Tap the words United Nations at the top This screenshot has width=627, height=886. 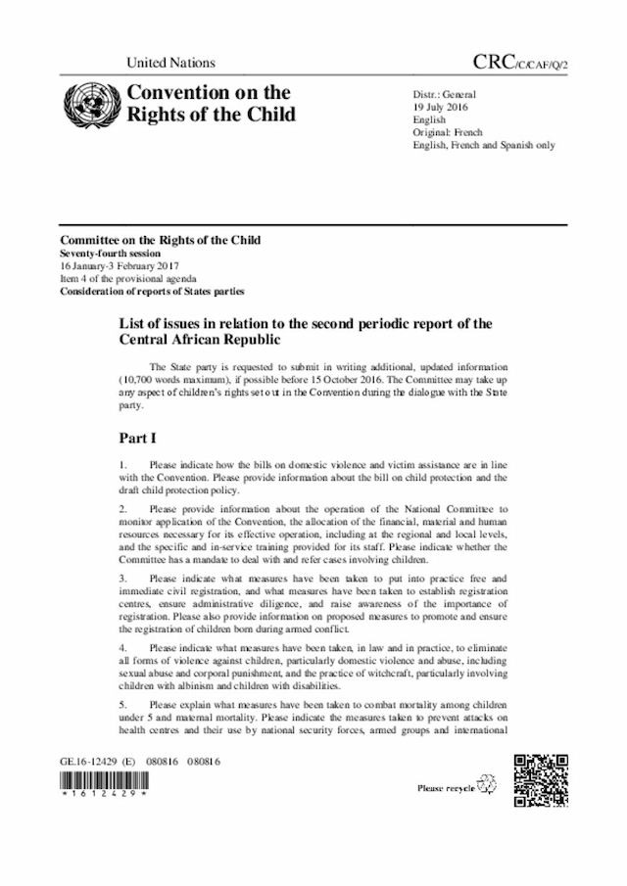pyautogui.click(x=170, y=64)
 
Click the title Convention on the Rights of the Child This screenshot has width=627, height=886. pyautogui.click(x=208, y=104)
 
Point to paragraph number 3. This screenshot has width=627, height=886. pyautogui.click(x=122, y=579)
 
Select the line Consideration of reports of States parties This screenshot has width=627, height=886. pyautogui.click(x=152, y=292)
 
